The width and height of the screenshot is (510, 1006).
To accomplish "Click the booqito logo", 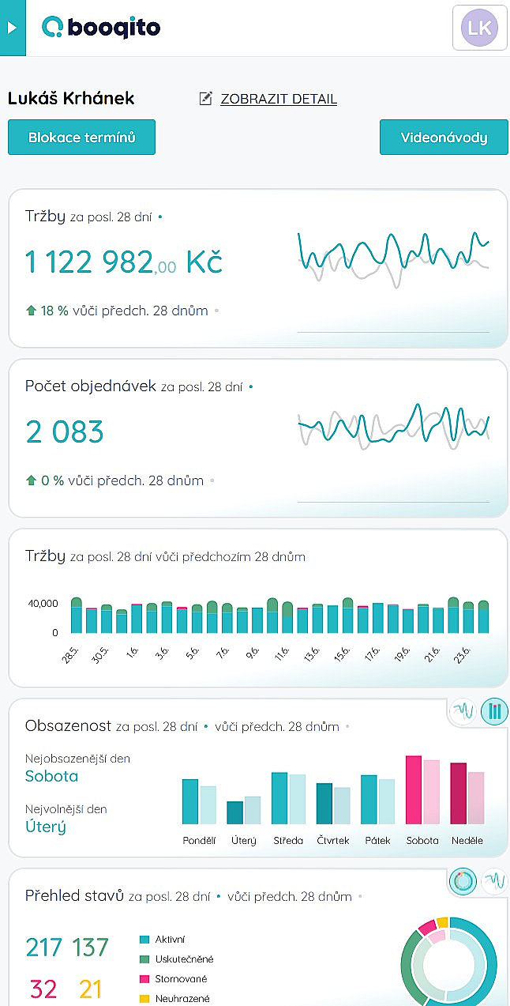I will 101,28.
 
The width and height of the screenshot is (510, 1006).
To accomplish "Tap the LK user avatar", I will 479,28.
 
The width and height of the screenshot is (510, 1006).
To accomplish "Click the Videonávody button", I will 444,138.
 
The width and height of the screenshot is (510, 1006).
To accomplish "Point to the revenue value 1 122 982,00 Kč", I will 124,262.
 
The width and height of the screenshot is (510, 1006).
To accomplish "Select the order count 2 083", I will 65,432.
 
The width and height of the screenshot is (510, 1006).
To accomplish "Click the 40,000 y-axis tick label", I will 43,604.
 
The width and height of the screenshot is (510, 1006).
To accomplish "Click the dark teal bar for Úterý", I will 234,812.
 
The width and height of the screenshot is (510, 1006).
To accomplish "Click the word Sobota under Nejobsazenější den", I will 52,776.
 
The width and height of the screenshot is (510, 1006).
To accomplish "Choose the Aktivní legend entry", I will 170,939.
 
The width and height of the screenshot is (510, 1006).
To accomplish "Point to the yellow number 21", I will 92,989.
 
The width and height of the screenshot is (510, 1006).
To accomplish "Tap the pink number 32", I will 43,989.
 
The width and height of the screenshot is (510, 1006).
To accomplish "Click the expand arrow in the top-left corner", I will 11,28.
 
